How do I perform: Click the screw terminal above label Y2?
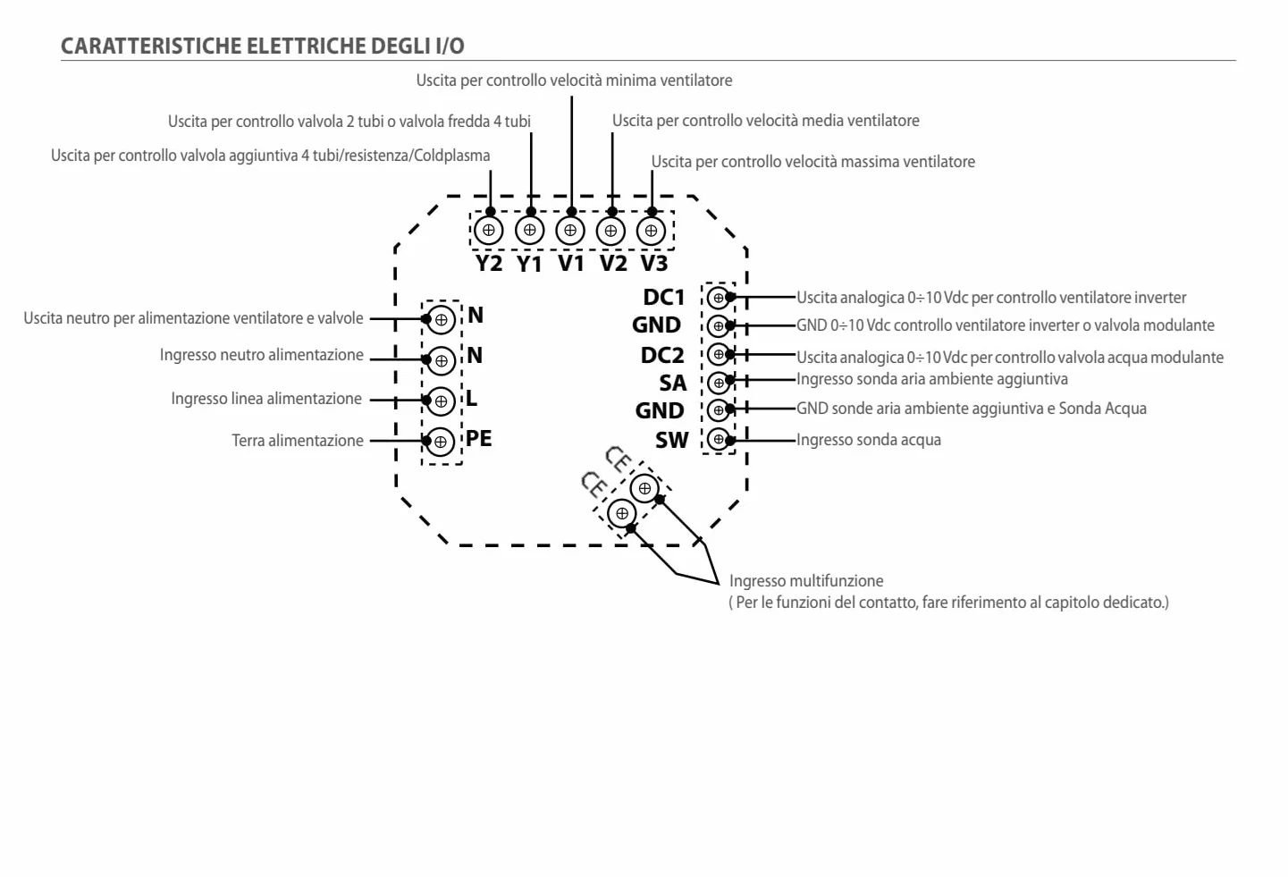point(489,231)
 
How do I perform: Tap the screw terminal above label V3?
point(651,231)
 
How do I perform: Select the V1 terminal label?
point(571,264)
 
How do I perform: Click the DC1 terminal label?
point(663,298)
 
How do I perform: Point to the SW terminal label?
point(671,441)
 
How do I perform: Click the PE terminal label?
point(478,438)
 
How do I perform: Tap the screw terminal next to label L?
point(441,401)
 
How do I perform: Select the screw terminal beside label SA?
point(718,383)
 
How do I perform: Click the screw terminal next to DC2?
point(718,354)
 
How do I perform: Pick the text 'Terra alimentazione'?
point(298,441)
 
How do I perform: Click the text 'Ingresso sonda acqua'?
point(869,440)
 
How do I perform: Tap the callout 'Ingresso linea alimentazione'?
point(266,399)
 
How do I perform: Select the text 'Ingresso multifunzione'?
point(806,581)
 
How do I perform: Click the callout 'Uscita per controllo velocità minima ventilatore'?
point(574,80)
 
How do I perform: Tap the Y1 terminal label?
point(529,264)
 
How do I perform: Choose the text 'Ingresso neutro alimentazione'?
point(262,355)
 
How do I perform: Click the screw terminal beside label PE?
point(441,442)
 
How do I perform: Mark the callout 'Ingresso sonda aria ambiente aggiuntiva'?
point(932,379)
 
